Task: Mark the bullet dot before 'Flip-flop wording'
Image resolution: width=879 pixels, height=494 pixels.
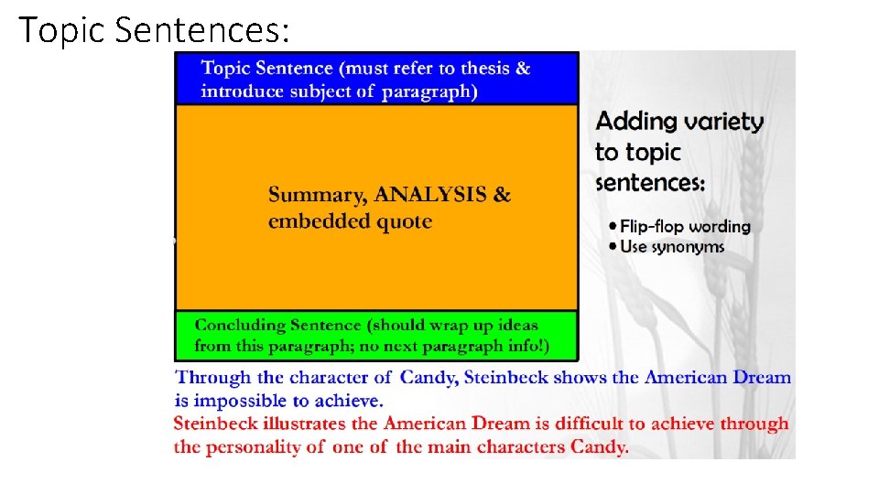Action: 613,227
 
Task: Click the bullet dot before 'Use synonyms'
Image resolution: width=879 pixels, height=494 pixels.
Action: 613,247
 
